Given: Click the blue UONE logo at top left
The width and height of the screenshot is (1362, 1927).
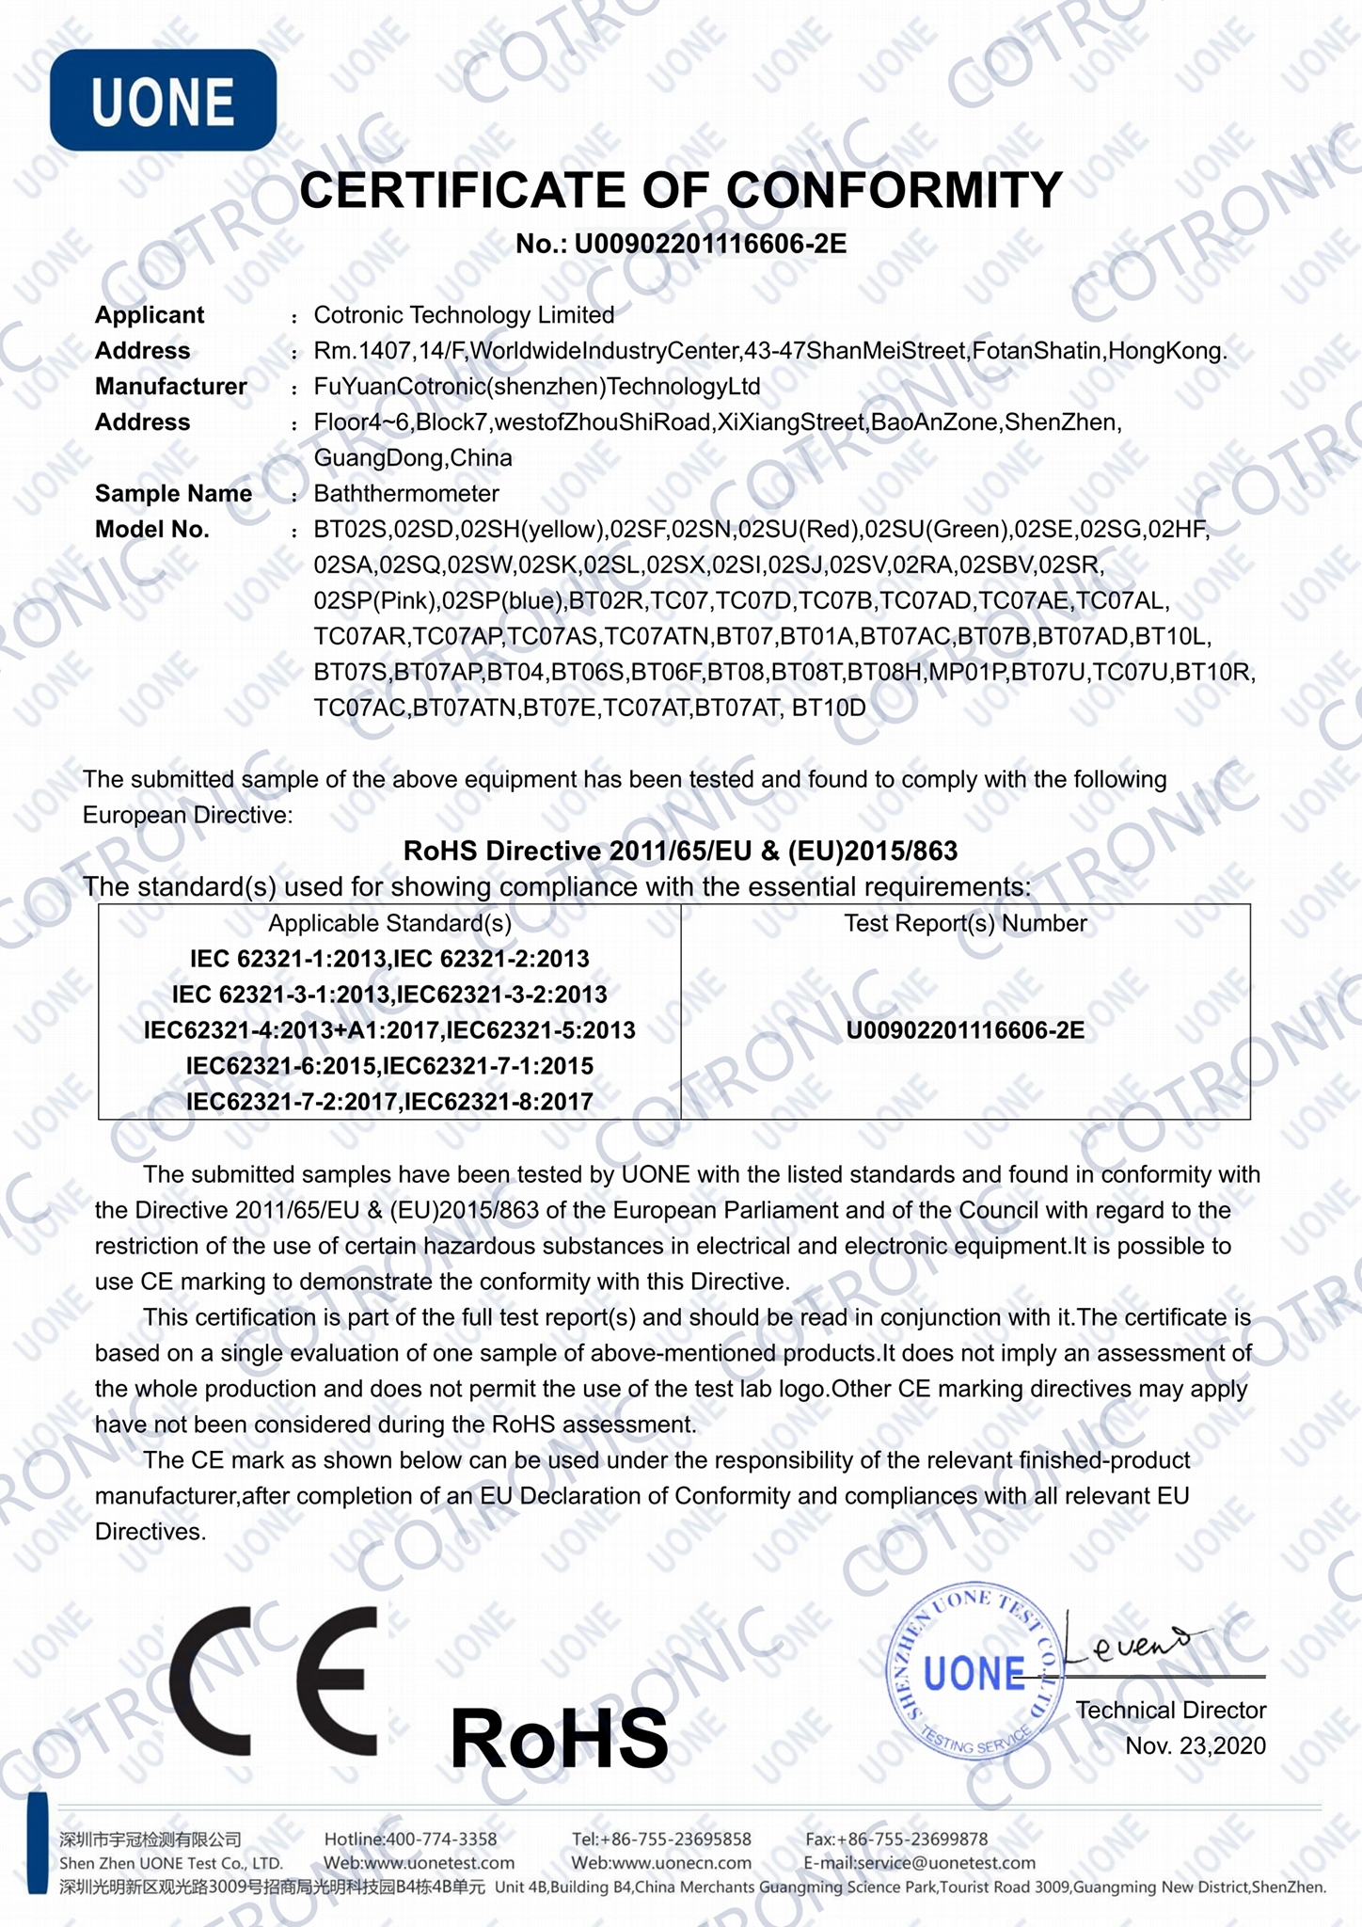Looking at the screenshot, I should point(163,101).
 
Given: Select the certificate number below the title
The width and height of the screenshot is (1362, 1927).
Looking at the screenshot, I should point(681,245).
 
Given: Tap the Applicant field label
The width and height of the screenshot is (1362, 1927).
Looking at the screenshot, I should point(150,315).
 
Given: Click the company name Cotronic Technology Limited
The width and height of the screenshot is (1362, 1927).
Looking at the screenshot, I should point(464,315).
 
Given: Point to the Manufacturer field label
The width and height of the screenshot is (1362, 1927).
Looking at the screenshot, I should point(170,387).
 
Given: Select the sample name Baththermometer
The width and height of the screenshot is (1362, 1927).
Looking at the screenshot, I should point(406,494).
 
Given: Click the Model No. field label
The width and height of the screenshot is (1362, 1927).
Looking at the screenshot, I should point(151,530).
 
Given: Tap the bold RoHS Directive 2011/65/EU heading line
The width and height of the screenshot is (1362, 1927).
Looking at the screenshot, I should point(680,851).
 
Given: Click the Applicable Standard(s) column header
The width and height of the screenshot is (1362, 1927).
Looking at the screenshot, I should point(389,923).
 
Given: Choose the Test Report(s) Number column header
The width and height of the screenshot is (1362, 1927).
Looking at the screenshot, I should point(965,923).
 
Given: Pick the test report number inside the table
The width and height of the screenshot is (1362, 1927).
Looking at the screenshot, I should point(965,1030).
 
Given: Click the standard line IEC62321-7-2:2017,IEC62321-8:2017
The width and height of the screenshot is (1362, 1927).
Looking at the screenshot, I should point(389,1101).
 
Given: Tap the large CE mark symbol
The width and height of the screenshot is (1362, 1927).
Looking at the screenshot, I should point(274,1682).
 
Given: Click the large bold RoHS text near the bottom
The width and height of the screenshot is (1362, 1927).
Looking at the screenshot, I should point(559,1738).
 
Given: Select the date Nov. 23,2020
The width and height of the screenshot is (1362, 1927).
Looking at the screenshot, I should point(1196,1746).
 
